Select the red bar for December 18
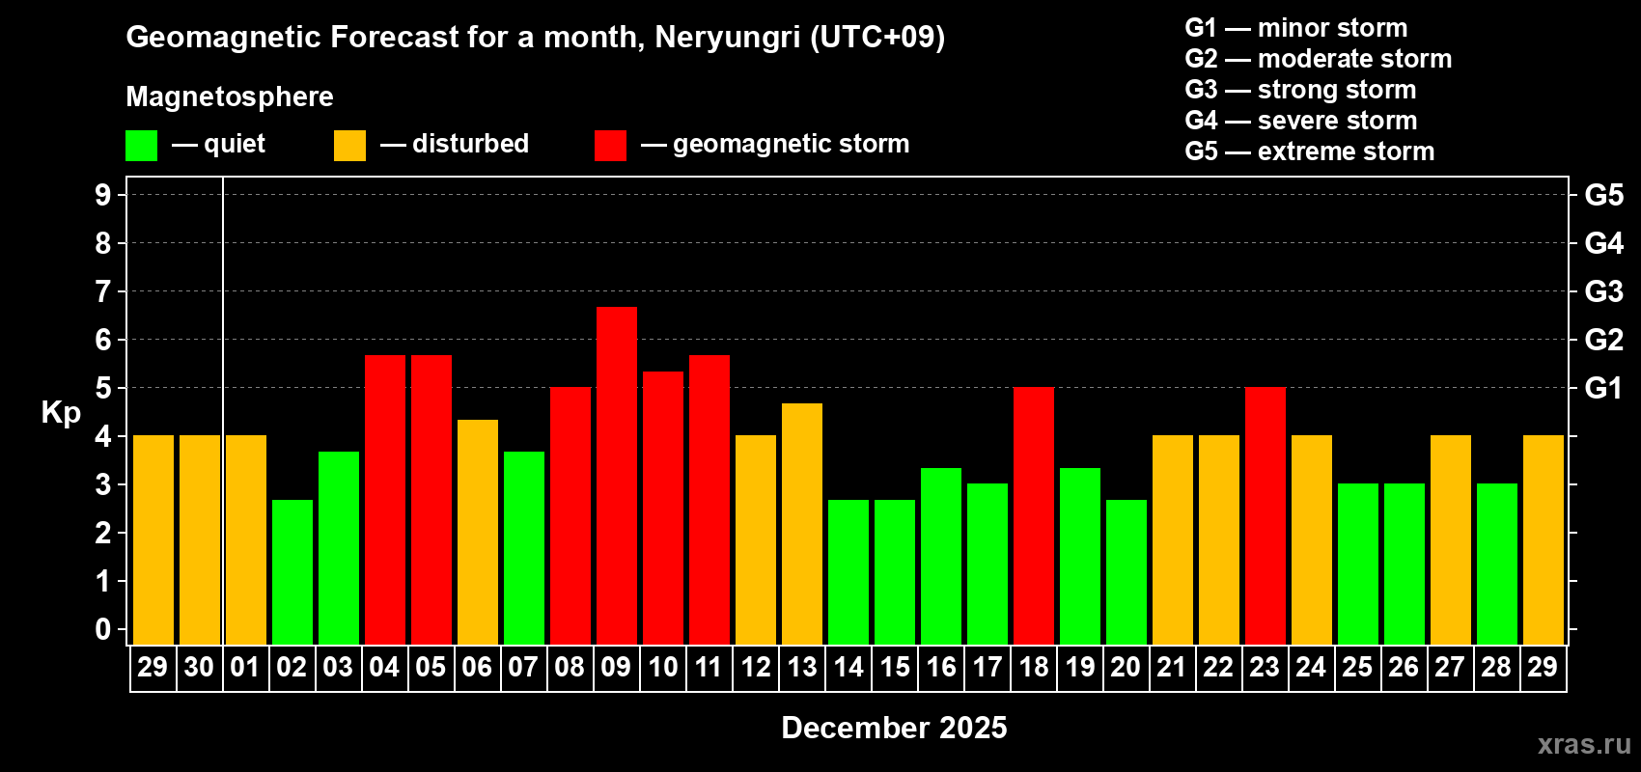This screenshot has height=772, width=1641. [1034, 515]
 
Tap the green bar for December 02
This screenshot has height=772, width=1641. [292, 571]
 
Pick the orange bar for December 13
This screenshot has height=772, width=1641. [802, 523]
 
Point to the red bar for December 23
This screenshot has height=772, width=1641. [1266, 515]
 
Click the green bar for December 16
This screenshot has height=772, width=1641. [941, 556]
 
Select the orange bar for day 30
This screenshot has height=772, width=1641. [200, 539]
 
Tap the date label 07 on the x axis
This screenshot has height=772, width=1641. [523, 667]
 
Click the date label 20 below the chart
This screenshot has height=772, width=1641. [1126, 667]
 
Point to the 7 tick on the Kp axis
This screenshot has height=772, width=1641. [103, 291]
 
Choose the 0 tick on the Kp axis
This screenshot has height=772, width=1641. [103, 629]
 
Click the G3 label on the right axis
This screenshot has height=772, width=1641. [1603, 291]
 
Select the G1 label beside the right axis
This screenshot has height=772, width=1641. [1603, 388]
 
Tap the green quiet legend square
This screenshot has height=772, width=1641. [141, 146]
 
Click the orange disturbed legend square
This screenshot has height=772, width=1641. [349, 146]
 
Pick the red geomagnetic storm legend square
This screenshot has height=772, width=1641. [610, 146]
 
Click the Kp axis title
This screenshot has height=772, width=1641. [61, 412]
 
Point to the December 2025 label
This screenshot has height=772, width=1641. [894, 728]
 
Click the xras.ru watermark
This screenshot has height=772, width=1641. [1584, 744]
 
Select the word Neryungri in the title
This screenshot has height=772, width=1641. [727, 37]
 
